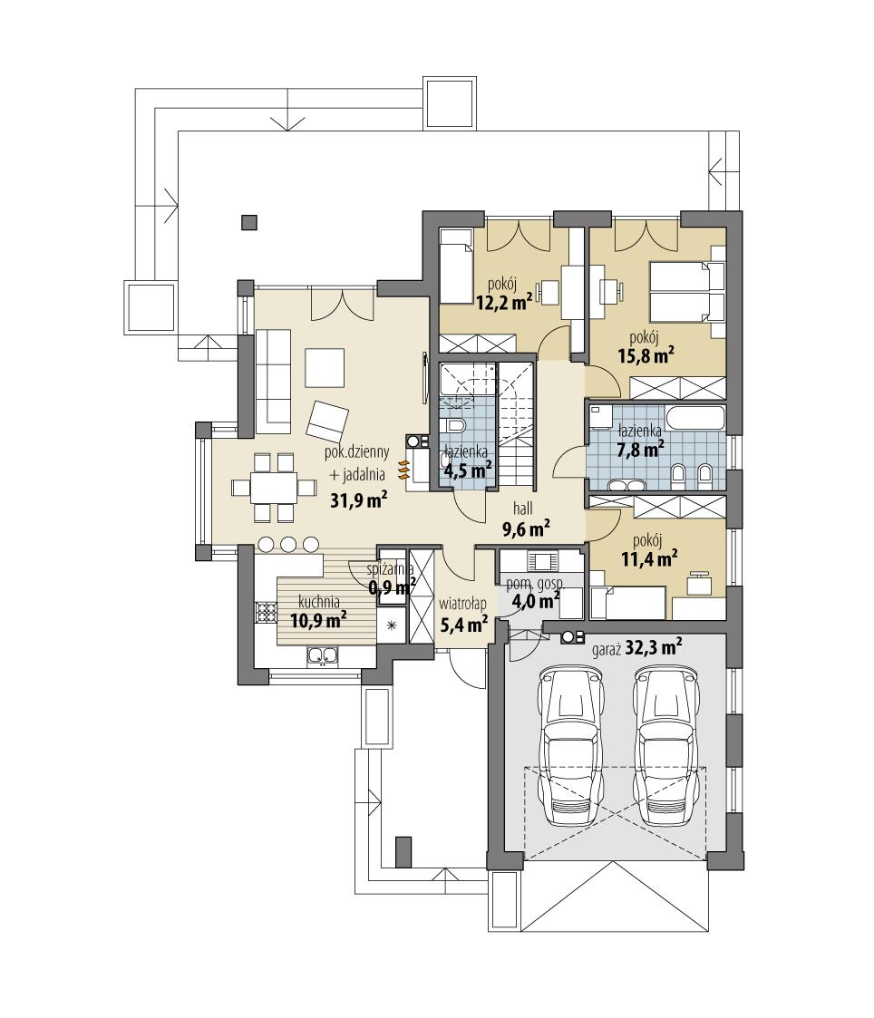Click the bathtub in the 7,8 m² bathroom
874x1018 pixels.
coord(695,419)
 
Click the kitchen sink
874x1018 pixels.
coord(323,654)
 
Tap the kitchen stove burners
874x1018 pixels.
coord(266,613)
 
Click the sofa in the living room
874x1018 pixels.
coord(270,380)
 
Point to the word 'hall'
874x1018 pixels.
coord(523,509)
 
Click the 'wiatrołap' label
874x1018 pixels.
coord(463,603)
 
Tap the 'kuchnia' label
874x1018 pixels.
coord(320,601)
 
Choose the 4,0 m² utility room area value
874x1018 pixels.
coord(536,600)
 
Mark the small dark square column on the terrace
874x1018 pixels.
coord(248,220)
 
